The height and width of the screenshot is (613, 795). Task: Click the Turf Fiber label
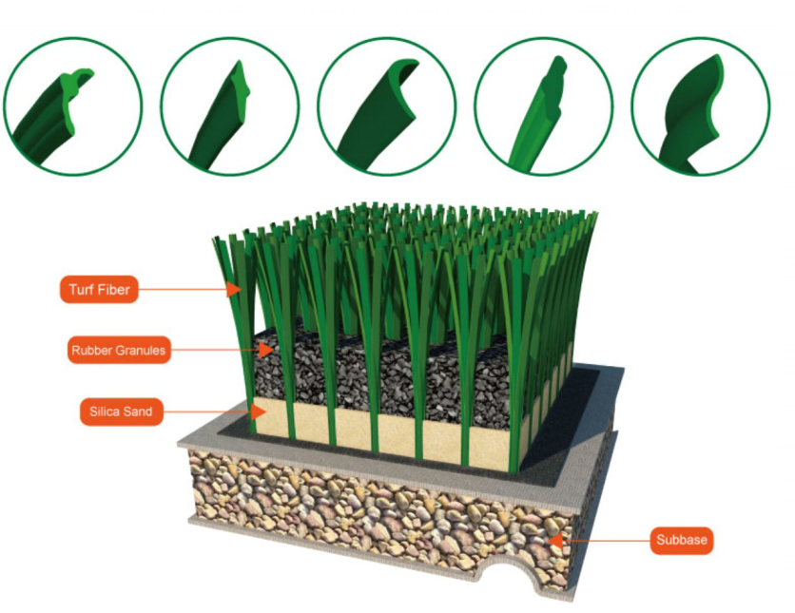tap(99, 289)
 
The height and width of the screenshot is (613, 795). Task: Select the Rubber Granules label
tap(119, 350)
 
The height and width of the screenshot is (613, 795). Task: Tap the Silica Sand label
tap(122, 412)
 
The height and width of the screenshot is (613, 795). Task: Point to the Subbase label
tap(682, 540)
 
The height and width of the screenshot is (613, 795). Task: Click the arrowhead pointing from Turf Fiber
tap(233, 289)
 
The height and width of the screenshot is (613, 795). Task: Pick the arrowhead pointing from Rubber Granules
tap(265, 350)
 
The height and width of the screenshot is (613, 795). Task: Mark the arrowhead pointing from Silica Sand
tap(259, 412)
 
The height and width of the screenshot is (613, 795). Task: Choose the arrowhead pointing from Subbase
tap(556, 541)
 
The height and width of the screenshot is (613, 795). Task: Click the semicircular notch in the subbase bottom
tap(508, 576)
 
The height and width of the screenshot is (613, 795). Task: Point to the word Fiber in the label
tap(113, 290)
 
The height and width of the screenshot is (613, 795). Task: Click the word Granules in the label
tap(141, 351)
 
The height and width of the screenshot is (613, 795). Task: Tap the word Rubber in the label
tap(93, 351)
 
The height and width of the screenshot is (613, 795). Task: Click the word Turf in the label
tap(81, 290)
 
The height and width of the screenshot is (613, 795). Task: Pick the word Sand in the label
tap(137, 412)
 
